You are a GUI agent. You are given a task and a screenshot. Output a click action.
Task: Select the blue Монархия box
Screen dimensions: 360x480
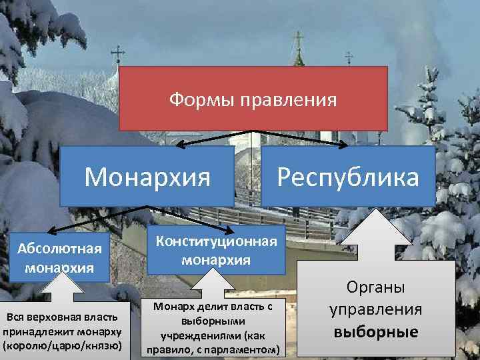tap(147, 177)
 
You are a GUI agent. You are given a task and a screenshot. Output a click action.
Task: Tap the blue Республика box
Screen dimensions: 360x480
tap(348, 177)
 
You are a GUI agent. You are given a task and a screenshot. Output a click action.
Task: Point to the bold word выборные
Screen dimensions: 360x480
tap(376, 331)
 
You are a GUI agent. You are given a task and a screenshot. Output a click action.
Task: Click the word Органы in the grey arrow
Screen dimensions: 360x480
tap(376, 287)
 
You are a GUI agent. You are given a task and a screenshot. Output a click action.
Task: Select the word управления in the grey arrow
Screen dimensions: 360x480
tap(376, 309)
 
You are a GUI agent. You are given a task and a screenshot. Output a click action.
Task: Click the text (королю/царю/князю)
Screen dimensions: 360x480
tap(63, 346)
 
